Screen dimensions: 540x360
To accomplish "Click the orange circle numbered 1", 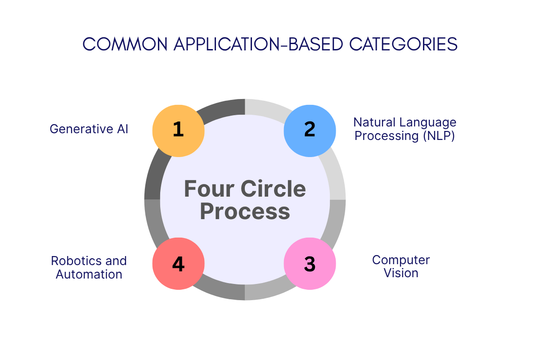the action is click(x=178, y=130).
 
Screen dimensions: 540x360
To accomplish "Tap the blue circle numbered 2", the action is click(x=310, y=130).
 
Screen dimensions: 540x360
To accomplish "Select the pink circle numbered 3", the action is click(x=310, y=264).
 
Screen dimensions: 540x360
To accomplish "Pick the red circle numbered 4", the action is click(x=178, y=264).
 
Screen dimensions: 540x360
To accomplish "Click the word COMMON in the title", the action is click(x=125, y=44).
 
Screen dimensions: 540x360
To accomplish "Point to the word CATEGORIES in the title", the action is click(x=403, y=44).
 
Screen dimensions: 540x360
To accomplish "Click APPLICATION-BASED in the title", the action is click(x=258, y=44).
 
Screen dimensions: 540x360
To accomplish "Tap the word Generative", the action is click(x=81, y=129).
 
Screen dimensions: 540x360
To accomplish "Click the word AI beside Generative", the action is click(x=122, y=129).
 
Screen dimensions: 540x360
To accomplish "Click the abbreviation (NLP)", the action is click(x=439, y=136).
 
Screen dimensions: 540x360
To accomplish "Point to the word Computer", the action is click(x=401, y=260).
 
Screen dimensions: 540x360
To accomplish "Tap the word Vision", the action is click(x=401, y=273).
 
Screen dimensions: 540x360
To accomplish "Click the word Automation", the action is click(x=89, y=274).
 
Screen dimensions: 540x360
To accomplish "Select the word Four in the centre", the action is click(x=209, y=189).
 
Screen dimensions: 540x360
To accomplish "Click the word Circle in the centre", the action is click(x=273, y=189).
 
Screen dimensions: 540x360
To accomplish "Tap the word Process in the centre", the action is click(x=245, y=211).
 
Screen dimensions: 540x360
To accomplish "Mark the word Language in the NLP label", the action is click(x=427, y=123).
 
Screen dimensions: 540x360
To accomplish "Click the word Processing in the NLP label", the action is click(x=387, y=136).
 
